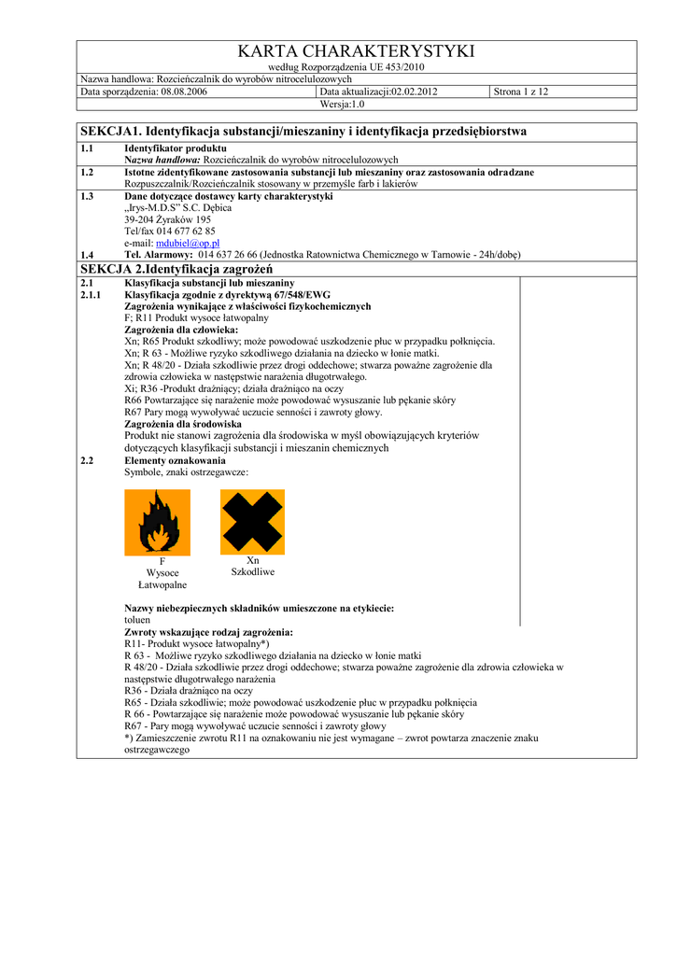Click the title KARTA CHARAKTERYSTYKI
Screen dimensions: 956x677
(357, 50)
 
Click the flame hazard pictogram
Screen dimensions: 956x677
(157, 522)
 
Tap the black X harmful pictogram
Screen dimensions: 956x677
(252, 522)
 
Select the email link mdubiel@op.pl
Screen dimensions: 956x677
(187, 243)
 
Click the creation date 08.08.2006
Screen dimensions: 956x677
(184, 91)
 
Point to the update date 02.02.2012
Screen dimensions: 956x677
(415, 91)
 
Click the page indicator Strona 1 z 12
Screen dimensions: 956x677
(521, 91)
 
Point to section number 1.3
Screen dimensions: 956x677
(87, 196)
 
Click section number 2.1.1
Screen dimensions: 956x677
(91, 294)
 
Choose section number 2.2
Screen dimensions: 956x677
(87, 460)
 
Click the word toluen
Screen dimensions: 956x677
(137, 620)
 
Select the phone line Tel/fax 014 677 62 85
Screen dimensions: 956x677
(170, 231)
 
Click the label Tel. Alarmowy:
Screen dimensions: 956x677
(159, 254)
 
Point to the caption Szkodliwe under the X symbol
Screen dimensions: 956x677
(252, 571)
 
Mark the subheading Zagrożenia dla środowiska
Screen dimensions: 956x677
(183, 424)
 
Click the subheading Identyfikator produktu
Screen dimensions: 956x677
(176, 148)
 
